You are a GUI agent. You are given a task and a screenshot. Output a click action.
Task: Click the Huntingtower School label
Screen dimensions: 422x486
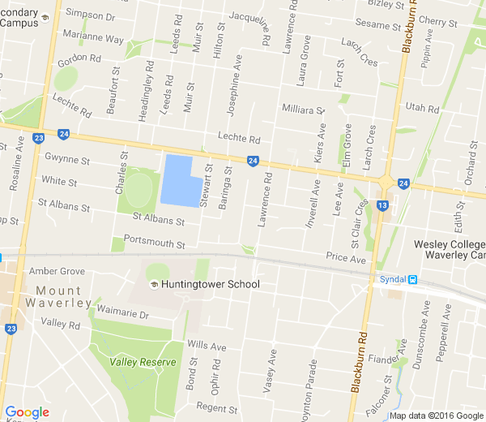[x=210, y=284]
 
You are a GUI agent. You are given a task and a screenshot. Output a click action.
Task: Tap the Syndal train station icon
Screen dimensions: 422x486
[x=412, y=280]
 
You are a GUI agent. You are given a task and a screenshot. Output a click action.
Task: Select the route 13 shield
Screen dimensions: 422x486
[x=382, y=205]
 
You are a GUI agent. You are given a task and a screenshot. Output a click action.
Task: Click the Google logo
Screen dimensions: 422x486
[x=27, y=412]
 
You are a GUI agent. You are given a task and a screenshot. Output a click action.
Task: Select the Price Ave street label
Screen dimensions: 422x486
[x=346, y=258]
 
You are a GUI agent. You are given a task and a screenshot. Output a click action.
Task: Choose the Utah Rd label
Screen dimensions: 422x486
[x=421, y=108]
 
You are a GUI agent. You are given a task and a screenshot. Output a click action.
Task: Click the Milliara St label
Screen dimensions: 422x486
[x=302, y=109]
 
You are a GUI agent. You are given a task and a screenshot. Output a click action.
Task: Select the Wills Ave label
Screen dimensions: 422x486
[x=207, y=344]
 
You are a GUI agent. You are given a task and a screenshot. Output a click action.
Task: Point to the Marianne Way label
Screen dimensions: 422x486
[x=93, y=39]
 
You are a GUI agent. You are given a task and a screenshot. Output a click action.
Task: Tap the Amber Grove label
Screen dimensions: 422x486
[x=57, y=271]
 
